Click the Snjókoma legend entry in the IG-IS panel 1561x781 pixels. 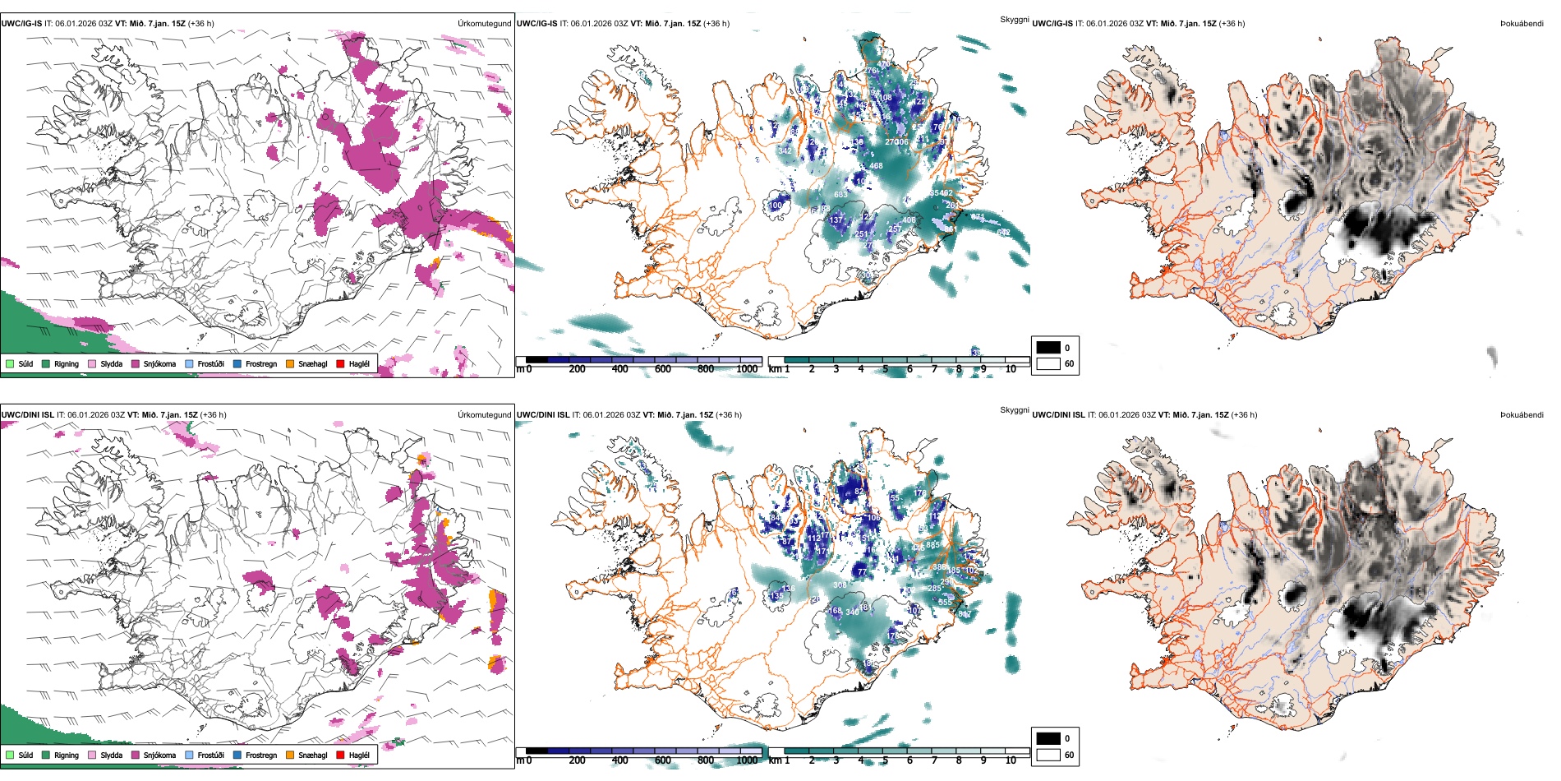(159, 363)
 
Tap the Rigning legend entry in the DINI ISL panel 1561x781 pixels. (66, 755)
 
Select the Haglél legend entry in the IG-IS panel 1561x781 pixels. (358, 363)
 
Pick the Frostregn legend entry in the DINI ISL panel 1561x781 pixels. (260, 755)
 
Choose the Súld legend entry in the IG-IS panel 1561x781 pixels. (25, 363)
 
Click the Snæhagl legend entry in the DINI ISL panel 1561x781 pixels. (312, 755)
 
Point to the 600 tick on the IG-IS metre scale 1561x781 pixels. (663, 369)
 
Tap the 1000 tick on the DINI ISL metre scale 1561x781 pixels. (747, 760)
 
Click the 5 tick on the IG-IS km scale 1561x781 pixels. (885, 369)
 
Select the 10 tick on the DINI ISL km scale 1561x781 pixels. (1011, 760)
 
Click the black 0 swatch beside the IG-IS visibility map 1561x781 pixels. (1048, 348)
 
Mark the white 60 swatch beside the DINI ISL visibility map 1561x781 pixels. (1048, 755)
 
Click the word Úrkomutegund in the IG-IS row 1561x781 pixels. (484, 24)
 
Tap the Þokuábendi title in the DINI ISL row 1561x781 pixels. (1522, 415)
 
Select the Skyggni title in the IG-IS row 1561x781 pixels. (1014, 19)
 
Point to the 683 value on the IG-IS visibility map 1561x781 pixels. (840, 195)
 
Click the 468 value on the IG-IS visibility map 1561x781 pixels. (876, 166)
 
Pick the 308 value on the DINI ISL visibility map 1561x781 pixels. (840, 585)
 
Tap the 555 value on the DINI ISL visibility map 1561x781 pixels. (945, 603)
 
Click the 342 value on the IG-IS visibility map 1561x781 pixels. (785, 151)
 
